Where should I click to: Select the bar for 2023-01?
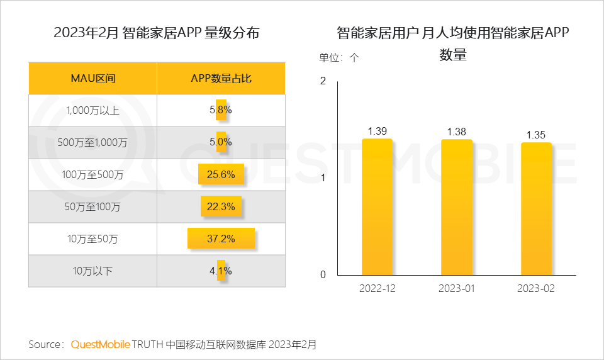[457, 207]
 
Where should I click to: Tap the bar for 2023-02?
[536, 208]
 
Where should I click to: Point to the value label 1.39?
[377, 131]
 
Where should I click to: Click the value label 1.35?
[536, 135]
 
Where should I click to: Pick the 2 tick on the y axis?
[323, 81]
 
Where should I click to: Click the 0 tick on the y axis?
[323, 274]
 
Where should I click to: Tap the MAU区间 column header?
[92, 79]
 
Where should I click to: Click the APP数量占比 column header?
[221, 79]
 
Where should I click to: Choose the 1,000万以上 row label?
[92, 110]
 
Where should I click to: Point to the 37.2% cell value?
[221, 239]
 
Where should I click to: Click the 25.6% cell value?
[221, 174]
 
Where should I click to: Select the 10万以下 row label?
[92, 271]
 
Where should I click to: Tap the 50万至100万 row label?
[92, 206]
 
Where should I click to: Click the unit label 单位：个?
[339, 57]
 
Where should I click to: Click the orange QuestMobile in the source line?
[101, 344]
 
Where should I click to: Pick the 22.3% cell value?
[221, 206]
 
